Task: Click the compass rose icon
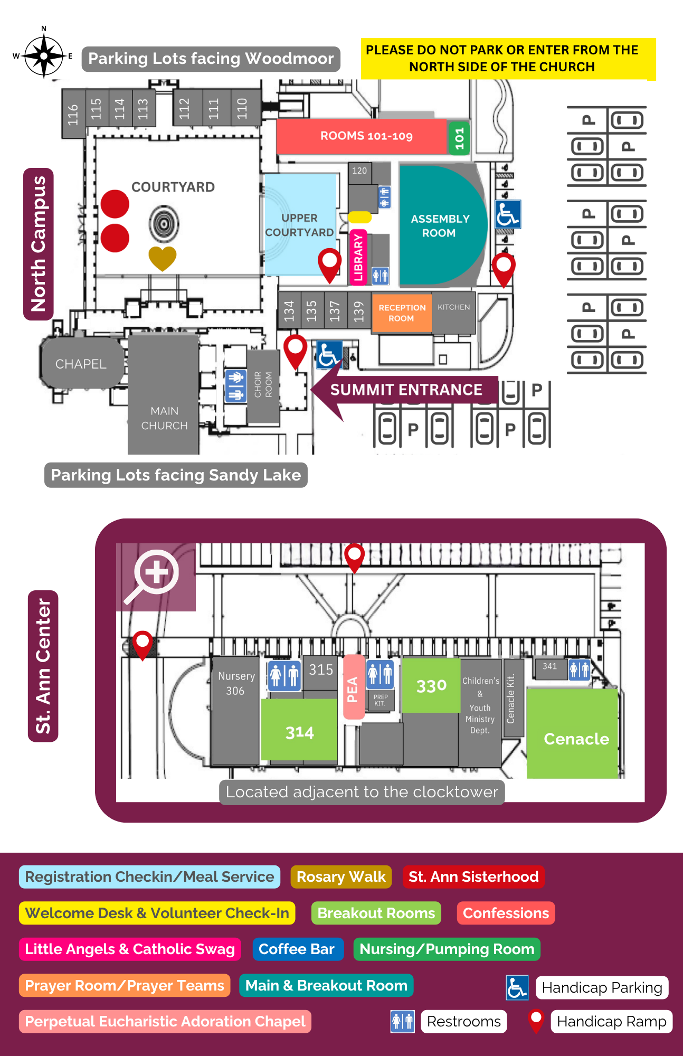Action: (x=44, y=55)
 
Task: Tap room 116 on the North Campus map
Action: (x=73, y=114)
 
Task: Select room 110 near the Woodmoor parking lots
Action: (x=242, y=108)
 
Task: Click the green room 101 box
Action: (x=459, y=137)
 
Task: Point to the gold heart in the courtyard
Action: (x=162, y=258)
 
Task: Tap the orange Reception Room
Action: (x=402, y=313)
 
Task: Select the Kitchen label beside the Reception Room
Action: (x=453, y=307)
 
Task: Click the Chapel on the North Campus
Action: (x=81, y=364)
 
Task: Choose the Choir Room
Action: (x=263, y=385)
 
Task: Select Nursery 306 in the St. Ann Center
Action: (x=236, y=683)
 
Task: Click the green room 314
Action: (x=299, y=732)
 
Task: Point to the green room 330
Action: (x=431, y=685)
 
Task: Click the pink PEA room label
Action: (x=353, y=689)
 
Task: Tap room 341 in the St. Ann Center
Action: (x=550, y=666)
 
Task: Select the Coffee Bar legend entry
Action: (x=297, y=949)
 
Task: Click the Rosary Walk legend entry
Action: (x=341, y=876)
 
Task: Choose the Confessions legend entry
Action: (x=506, y=913)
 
